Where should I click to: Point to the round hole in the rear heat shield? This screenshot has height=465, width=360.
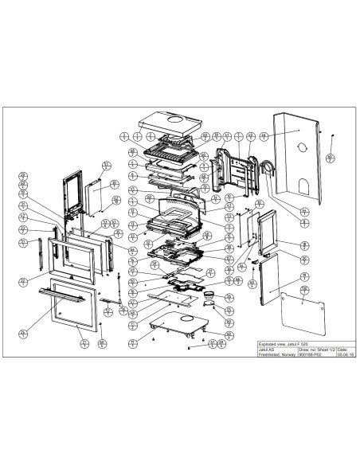300,147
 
